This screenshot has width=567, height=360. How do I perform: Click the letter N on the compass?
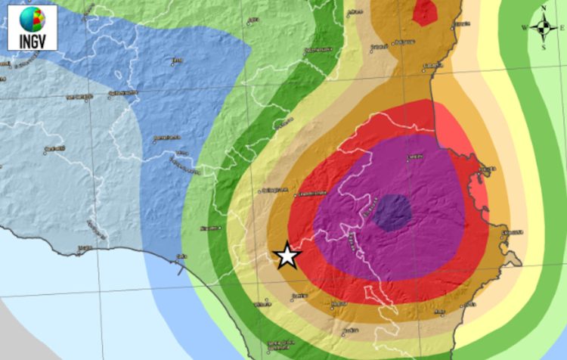[x=544, y=9]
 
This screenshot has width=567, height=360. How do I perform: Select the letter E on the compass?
[x=562, y=28]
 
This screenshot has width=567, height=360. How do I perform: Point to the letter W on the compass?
[x=525, y=28]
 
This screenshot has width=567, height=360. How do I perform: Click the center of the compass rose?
[x=544, y=28]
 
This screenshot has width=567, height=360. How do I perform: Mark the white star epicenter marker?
[x=287, y=256]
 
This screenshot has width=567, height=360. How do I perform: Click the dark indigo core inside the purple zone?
[x=393, y=213]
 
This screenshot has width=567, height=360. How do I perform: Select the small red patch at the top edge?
[x=426, y=11]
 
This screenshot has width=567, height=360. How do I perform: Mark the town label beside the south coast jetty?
[x=181, y=255]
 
